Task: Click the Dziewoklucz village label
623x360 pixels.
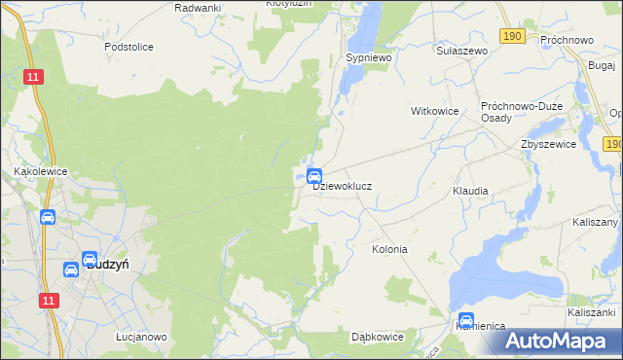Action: click(343, 185)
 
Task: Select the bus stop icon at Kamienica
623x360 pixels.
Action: click(466, 319)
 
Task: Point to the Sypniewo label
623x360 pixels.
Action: click(368, 58)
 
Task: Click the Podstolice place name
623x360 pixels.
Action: click(129, 46)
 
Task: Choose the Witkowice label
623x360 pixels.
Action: click(435, 111)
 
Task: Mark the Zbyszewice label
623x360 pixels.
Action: click(548, 143)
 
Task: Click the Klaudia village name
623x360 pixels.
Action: click(470, 191)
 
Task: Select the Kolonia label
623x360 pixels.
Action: click(389, 249)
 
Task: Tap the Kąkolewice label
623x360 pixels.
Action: click(40, 169)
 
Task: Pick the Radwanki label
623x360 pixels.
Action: click(198, 7)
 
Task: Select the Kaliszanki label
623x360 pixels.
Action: click(594, 312)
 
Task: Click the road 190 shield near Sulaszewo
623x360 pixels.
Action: click(513, 35)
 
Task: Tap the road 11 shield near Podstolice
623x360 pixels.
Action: click(34, 77)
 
